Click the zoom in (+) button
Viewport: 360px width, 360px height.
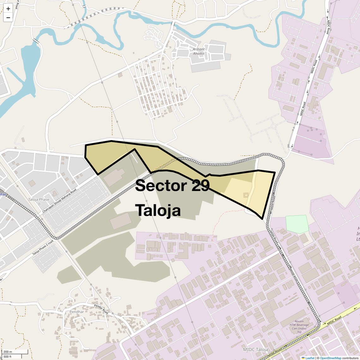click(8, 9)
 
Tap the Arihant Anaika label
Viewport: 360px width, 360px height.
click(199, 51)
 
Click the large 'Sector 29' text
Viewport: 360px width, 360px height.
click(172, 186)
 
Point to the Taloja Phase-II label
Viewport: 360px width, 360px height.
click(39, 201)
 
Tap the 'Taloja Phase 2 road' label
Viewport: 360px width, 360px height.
click(43, 248)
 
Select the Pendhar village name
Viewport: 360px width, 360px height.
click(77, 312)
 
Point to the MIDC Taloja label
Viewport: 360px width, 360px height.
click(255, 350)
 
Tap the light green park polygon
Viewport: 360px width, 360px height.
click(297, 224)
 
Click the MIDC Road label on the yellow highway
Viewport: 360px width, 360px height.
click(334, 321)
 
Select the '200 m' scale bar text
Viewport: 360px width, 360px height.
click(8, 352)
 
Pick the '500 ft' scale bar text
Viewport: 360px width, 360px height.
click(8, 357)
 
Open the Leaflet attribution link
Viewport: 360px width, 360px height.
click(309, 358)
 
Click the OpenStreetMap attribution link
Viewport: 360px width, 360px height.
click(330, 358)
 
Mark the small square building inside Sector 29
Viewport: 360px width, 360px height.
click(245, 195)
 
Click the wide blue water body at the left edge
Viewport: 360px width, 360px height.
click(30, 63)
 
